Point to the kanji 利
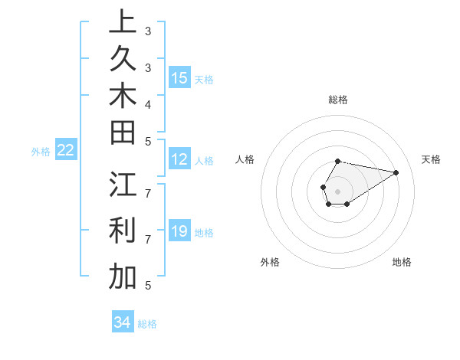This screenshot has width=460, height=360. tap(123, 230)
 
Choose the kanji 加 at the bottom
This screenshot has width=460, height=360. tap(123, 276)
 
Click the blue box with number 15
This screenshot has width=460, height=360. tap(179, 77)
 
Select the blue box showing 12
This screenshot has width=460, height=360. tap(179, 159)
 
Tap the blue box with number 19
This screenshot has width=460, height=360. tap(179, 231)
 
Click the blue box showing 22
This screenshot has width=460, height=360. tap(66, 150)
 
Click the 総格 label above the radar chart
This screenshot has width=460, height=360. tap(338, 100)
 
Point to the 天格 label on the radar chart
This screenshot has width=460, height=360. tap(431, 159)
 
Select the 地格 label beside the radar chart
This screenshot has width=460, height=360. tap(402, 262)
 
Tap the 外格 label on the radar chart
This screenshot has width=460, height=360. tap(270, 262)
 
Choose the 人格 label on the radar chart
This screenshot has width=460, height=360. tap(245, 159)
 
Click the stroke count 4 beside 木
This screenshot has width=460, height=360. tap(147, 103)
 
